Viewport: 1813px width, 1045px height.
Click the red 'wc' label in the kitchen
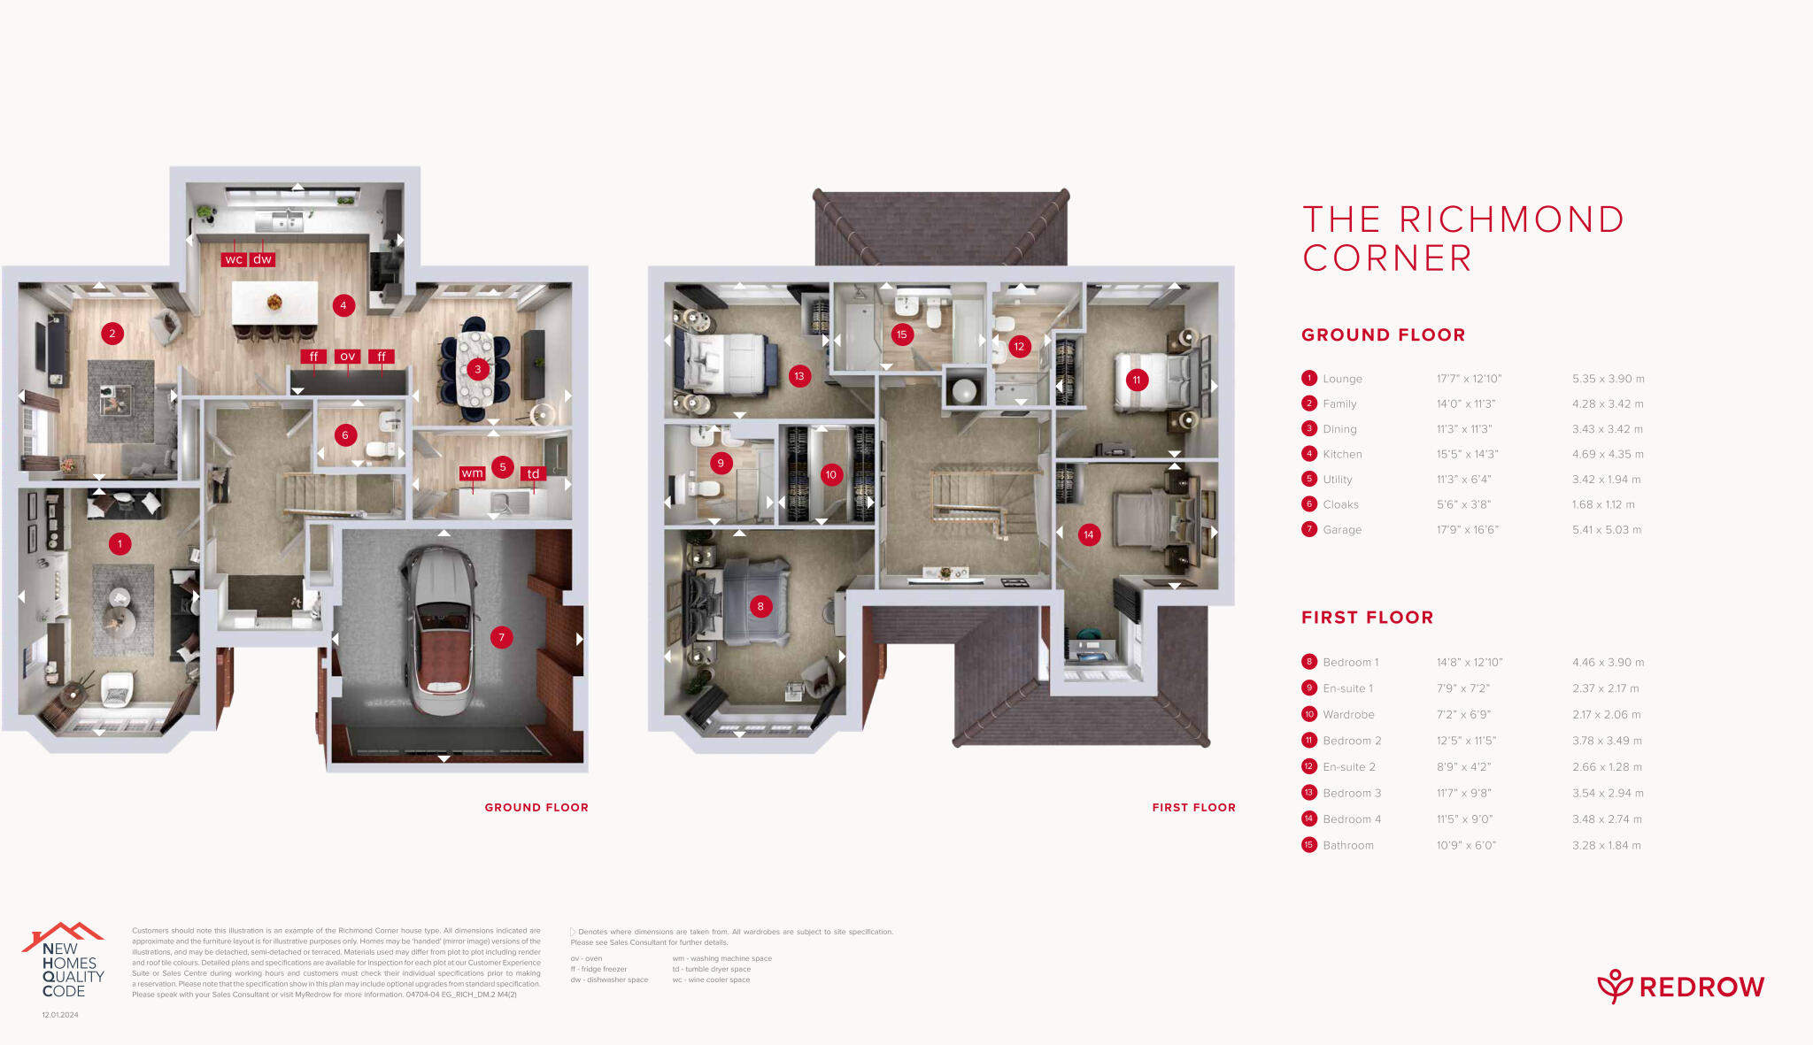click(x=234, y=259)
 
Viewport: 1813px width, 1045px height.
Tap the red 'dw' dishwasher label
click(x=263, y=259)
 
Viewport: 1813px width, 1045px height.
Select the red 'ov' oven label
click(x=348, y=357)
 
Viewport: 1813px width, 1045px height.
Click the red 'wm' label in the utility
click(x=473, y=473)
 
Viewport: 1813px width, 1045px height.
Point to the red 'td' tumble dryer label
click(x=533, y=473)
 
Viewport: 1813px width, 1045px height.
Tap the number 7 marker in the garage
click(x=502, y=637)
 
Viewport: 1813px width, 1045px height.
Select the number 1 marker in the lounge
click(x=120, y=543)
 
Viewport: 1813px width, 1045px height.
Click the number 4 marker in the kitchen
click(x=343, y=306)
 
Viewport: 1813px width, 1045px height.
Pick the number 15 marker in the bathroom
click(x=901, y=334)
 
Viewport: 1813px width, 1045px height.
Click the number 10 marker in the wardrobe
click(x=830, y=474)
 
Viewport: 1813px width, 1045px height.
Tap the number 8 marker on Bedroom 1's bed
click(x=760, y=606)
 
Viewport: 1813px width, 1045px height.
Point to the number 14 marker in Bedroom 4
click(x=1089, y=534)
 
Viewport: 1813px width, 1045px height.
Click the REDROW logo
click(x=1680, y=987)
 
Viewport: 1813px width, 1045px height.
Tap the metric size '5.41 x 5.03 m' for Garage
click(x=1607, y=530)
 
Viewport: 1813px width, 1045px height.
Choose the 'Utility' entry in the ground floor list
click(x=1338, y=480)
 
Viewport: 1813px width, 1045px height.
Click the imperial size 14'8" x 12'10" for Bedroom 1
click(x=1470, y=663)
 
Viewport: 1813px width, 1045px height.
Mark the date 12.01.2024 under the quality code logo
click(x=60, y=1015)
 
